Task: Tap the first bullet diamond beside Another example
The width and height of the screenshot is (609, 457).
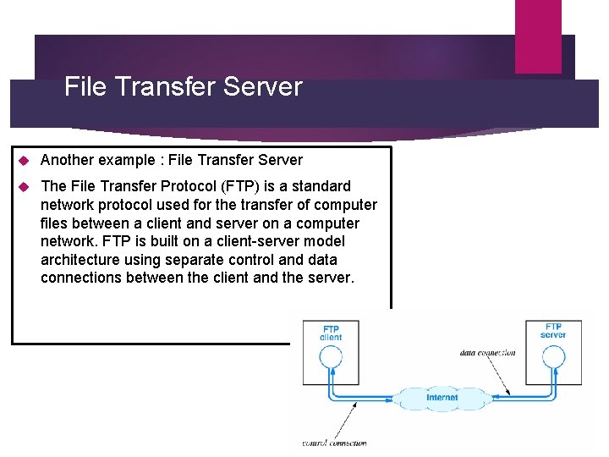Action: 24,160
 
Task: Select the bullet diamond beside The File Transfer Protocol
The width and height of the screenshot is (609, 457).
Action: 24,186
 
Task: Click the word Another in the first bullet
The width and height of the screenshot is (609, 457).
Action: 69,160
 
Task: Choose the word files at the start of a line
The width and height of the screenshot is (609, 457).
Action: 57,223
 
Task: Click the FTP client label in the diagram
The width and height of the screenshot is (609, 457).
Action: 331,333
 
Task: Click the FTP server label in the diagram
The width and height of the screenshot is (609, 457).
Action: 553,330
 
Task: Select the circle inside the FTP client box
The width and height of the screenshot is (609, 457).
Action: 331,356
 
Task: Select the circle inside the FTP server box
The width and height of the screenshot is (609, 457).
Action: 553,356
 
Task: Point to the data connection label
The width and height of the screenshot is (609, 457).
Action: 488,352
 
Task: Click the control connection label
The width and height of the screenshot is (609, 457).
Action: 335,443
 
